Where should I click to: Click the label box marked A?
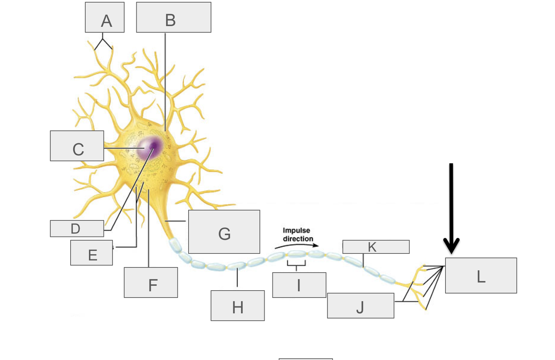pyautogui.click(x=105, y=17)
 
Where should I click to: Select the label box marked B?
pyautogui.click(x=173, y=17)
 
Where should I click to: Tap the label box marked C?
pyautogui.click(x=77, y=146)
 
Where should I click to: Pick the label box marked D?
pyautogui.click(x=77, y=228)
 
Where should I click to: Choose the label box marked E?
pyautogui.click(x=92, y=253)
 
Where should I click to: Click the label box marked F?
pyautogui.click(x=151, y=282)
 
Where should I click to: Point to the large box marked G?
pyautogui.click(x=224, y=232)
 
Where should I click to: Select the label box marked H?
pyautogui.click(x=237, y=306)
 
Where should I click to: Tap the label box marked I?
pyautogui.click(x=299, y=285)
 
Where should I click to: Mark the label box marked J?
pyautogui.click(x=361, y=306)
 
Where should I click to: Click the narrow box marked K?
pyautogui.click(x=376, y=247)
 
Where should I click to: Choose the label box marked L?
pyautogui.click(x=481, y=276)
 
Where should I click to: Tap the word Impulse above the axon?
pyautogui.click(x=296, y=231)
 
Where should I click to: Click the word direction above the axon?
pyautogui.click(x=298, y=239)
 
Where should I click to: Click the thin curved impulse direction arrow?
pyautogui.click(x=296, y=245)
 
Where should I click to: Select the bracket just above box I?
pyautogui.click(x=296, y=264)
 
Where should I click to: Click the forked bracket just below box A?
pyautogui.click(x=103, y=43)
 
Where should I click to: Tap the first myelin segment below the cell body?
pyautogui.click(x=175, y=245)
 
